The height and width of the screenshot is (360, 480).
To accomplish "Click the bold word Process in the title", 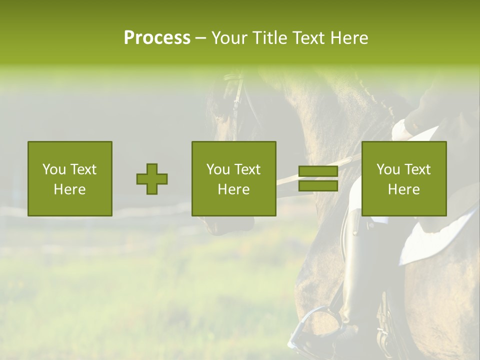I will click(x=157, y=37).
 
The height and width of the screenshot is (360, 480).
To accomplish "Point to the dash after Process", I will click(x=200, y=38).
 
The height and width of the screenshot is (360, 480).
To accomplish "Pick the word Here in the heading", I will click(x=350, y=37).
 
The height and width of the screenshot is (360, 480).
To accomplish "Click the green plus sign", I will click(x=152, y=178).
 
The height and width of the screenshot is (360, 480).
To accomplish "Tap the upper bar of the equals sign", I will click(x=318, y=171).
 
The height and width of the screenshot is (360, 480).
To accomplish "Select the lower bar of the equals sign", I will click(x=318, y=186).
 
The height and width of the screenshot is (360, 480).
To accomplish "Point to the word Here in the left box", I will click(x=69, y=189).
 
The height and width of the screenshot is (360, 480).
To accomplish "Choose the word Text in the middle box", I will click(x=247, y=169).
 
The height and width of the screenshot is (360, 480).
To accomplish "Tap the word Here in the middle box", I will click(x=233, y=189).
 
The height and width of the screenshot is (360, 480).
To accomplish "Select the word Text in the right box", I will click(x=417, y=169).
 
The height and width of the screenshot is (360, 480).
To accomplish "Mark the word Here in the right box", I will click(x=403, y=189).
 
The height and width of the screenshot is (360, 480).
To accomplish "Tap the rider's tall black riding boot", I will click(x=358, y=280).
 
